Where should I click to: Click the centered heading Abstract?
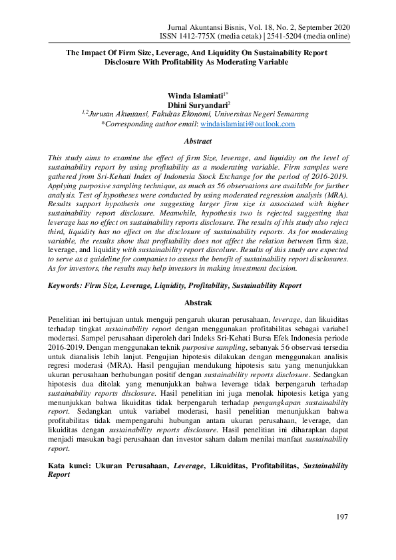pyautogui.click(x=198, y=141)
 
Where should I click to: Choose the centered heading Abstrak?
pyautogui.click(x=198, y=302)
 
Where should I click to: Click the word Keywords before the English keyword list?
pyautogui.click(x=67, y=285)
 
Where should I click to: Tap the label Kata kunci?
pyautogui.click(x=71, y=466)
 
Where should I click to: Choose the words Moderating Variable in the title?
pyautogui.click(x=256, y=61)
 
